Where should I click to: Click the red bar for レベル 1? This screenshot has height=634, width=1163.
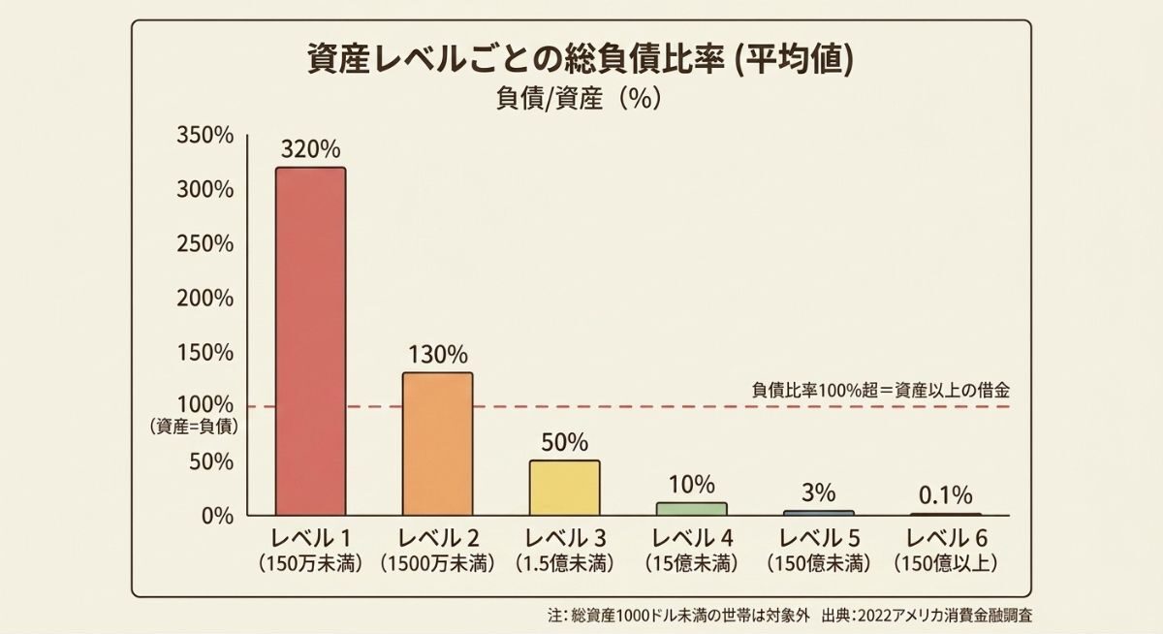[x=310, y=341]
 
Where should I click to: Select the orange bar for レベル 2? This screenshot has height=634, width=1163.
[x=437, y=444]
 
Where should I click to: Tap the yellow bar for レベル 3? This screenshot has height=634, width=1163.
[x=564, y=488]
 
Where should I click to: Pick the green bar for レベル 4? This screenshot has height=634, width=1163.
[x=691, y=508]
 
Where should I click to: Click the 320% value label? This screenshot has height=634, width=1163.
[x=310, y=150]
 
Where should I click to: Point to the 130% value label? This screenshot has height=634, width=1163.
[x=437, y=355]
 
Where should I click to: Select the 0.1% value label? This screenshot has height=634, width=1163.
[x=945, y=495]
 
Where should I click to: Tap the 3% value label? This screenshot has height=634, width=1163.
[x=819, y=492]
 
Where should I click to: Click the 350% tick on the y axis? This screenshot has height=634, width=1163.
[x=204, y=136]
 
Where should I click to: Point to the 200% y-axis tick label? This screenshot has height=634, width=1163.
[x=204, y=298]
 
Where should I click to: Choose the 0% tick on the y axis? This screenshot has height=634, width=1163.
[x=217, y=515]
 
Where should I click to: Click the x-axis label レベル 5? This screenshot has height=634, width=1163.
[x=819, y=538]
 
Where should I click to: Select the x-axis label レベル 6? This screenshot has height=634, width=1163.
[x=945, y=538]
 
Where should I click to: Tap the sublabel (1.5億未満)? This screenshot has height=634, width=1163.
[x=564, y=563]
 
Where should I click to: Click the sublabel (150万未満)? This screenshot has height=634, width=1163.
[x=310, y=563]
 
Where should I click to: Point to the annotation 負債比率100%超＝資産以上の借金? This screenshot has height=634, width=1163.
[x=881, y=390]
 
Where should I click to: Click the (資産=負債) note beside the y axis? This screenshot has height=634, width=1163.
[x=195, y=426]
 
